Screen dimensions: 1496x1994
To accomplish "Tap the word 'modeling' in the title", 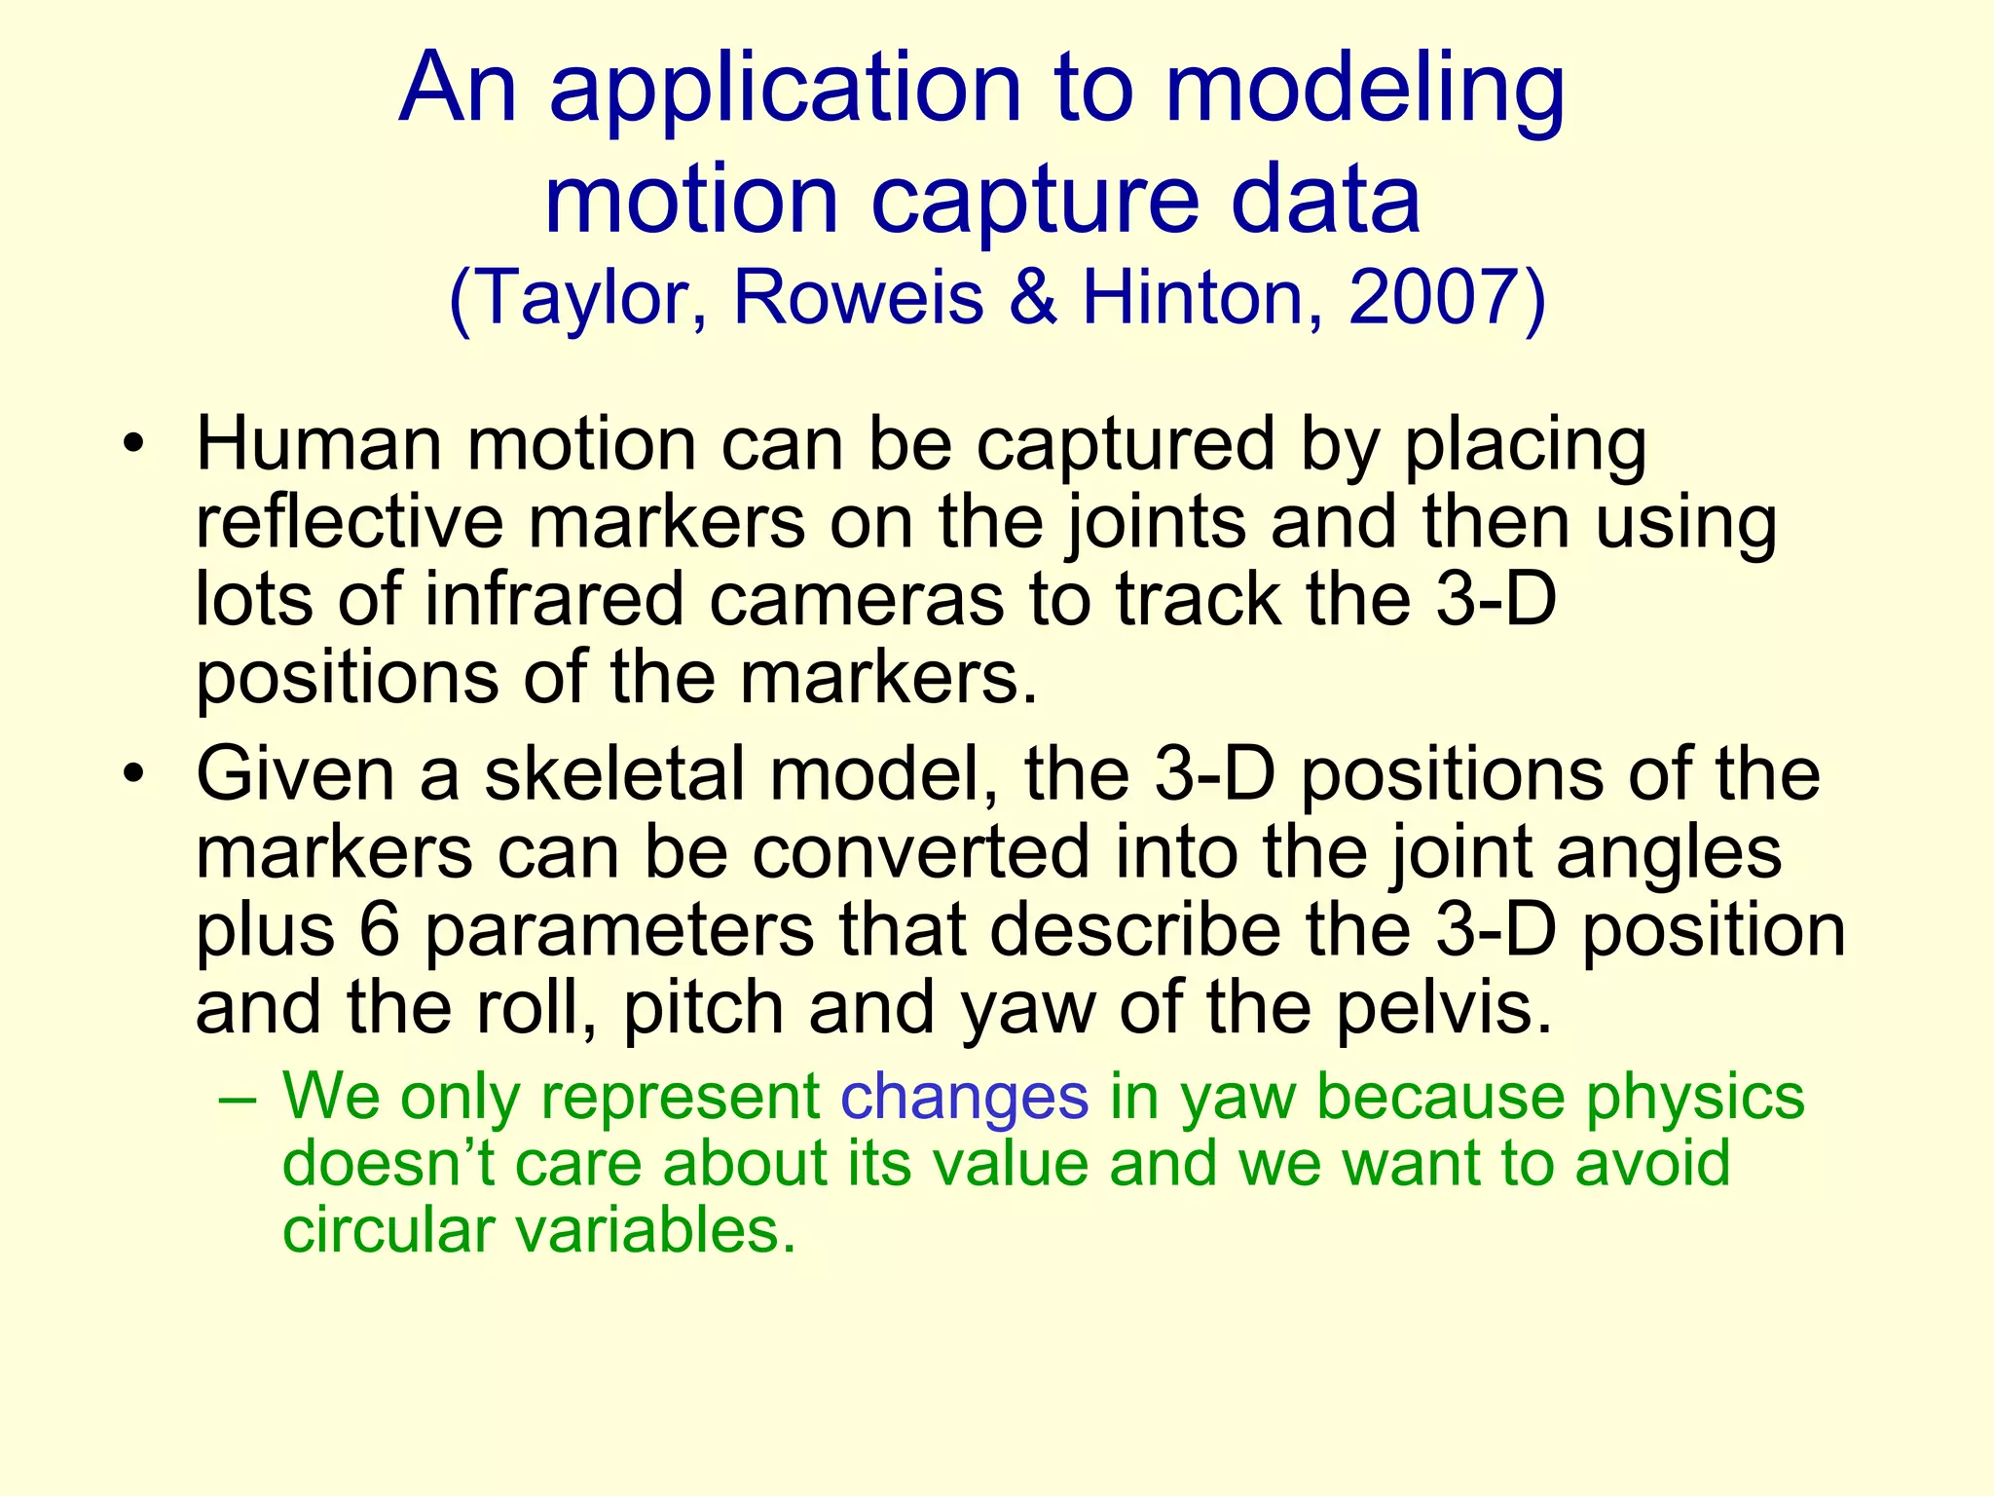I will (x=1364, y=90).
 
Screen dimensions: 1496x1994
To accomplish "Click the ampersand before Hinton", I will (x=1033, y=297).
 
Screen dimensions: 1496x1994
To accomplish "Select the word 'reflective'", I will (x=350, y=523).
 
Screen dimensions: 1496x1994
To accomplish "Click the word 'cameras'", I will (x=856, y=600).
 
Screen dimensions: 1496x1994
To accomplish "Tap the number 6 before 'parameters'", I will (x=379, y=930).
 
